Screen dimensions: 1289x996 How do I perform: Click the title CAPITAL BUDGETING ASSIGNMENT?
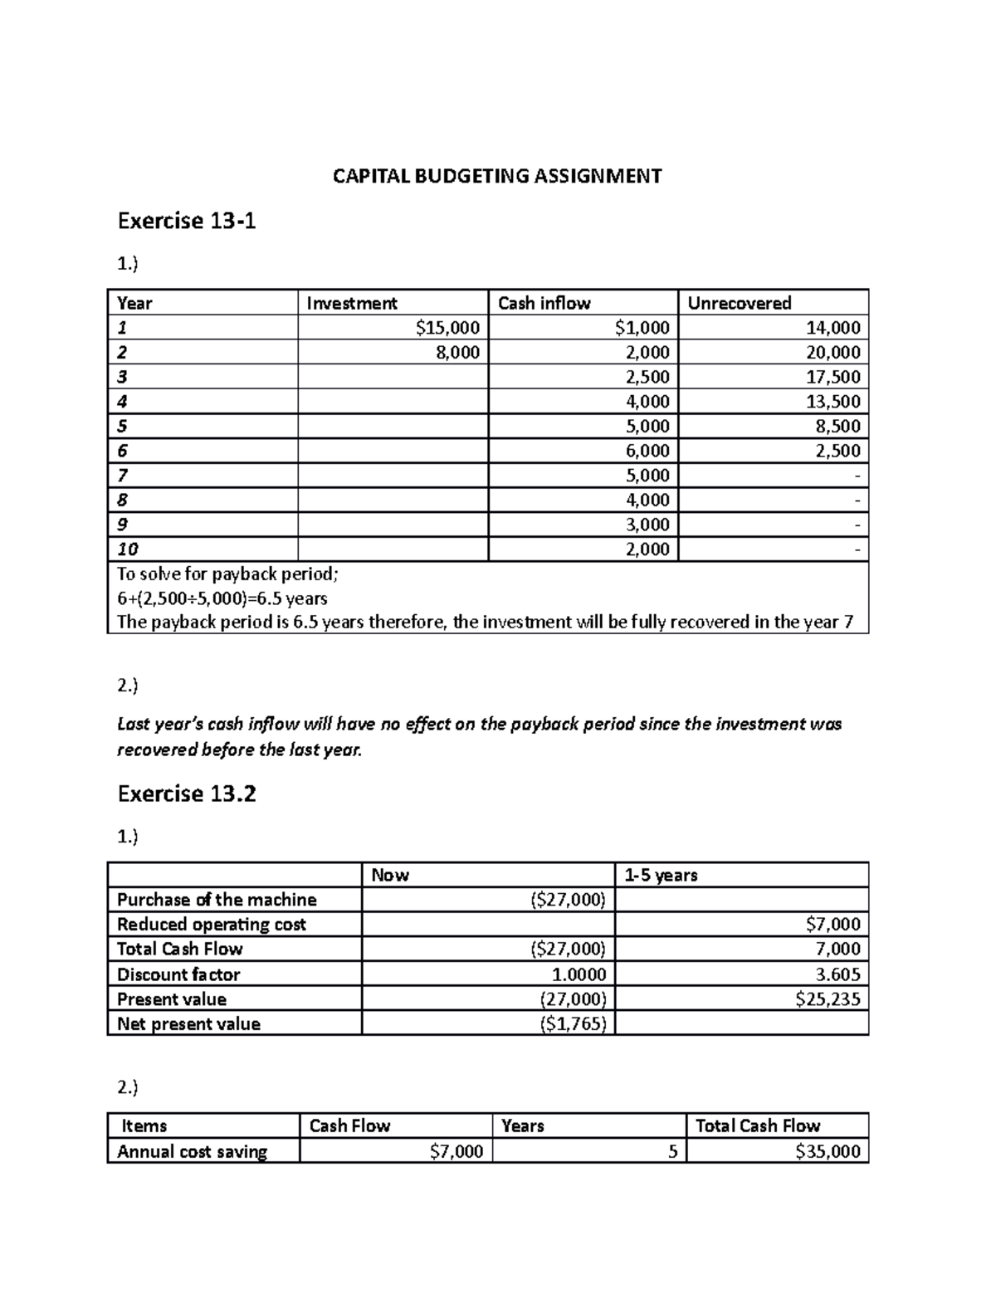[497, 176]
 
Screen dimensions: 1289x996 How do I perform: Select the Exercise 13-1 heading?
[187, 221]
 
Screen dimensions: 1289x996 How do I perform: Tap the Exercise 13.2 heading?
[187, 794]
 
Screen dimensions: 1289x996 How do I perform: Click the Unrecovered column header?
[739, 303]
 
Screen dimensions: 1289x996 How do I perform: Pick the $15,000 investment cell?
[447, 328]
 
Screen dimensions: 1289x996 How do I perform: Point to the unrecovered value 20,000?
[833, 352]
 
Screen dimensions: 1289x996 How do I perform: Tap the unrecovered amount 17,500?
[833, 377]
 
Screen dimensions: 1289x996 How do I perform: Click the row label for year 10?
[128, 549]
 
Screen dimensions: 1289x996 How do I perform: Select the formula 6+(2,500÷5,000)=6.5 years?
[222, 598]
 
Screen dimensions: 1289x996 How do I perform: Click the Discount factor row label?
[178, 974]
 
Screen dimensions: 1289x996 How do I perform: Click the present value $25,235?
[828, 999]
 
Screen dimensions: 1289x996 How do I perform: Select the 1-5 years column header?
[661, 875]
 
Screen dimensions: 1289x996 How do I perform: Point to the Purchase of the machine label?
[217, 900]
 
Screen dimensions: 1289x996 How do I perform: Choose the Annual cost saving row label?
[192, 1151]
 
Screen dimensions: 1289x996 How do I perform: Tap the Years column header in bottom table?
[523, 1126]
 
